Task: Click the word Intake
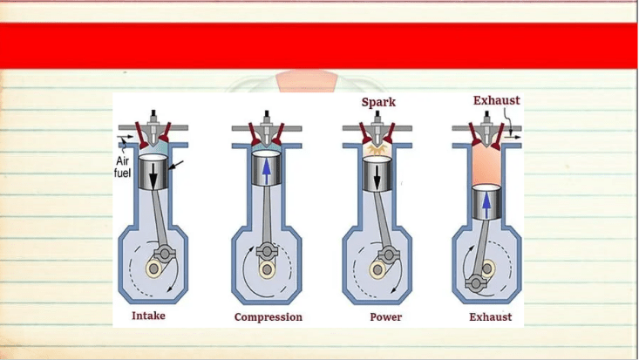click(x=148, y=316)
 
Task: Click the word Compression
click(x=269, y=317)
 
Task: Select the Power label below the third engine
click(x=385, y=316)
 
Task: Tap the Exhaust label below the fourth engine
click(x=490, y=316)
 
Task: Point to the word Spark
click(x=378, y=102)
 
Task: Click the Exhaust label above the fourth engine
click(x=496, y=100)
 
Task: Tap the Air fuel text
click(x=122, y=166)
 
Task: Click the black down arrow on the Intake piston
click(x=153, y=175)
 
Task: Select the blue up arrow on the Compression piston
click(x=266, y=171)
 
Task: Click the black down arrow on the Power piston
click(x=377, y=176)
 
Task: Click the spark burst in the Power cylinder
click(x=376, y=149)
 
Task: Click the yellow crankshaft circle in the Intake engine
click(x=153, y=268)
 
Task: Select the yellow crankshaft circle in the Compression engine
click(x=267, y=269)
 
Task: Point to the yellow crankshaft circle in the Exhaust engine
click(x=487, y=268)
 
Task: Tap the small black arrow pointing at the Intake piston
click(x=176, y=165)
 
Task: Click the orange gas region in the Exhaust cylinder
click(x=486, y=164)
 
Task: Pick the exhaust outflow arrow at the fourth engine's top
click(x=513, y=138)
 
